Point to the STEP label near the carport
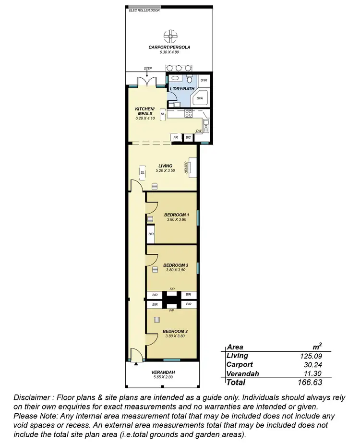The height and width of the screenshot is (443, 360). [x=148, y=69]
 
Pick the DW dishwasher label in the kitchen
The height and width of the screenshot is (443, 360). [x=198, y=131]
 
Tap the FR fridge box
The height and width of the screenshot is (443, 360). [x=176, y=137]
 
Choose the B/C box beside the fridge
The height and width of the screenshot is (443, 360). [x=188, y=137]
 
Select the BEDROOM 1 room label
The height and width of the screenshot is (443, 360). [x=177, y=215]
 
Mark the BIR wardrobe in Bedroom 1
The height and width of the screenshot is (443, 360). [x=151, y=234]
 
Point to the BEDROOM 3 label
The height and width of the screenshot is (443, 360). [x=176, y=265]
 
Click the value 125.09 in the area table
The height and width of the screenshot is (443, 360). [x=310, y=356]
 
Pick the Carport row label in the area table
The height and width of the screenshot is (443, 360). [x=240, y=365]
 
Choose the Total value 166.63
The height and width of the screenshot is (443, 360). [x=309, y=383]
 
